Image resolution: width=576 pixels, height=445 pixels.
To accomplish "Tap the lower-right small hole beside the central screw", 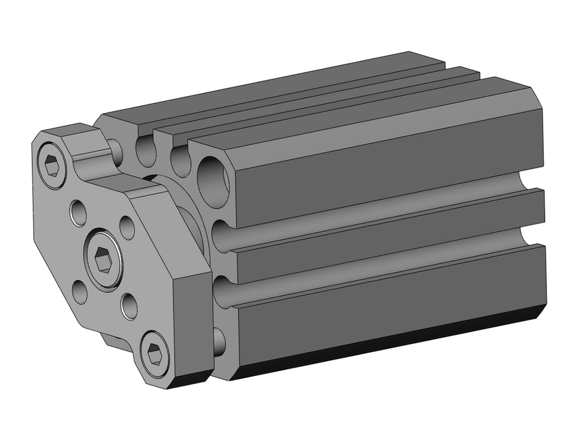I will coord(130,304).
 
